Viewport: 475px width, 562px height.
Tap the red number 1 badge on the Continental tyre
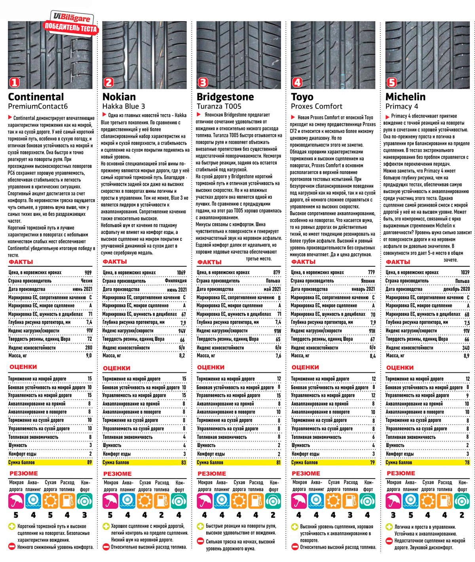14,83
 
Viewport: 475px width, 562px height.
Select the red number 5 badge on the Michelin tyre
391,83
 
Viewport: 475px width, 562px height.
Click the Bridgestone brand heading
225,97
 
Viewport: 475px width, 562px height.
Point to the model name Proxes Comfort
316,106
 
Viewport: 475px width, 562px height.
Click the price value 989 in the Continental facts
88,273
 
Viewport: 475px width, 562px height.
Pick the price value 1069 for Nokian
181,273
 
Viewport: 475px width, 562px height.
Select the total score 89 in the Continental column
89,462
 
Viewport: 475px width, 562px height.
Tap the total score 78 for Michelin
467,462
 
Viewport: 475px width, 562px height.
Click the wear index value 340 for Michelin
466,347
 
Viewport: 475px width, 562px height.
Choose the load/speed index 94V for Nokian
182,331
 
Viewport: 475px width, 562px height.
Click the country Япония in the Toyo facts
368,281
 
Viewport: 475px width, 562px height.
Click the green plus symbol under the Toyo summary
294,527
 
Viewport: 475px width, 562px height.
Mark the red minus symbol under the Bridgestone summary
200,542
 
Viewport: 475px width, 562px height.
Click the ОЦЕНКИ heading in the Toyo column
305,367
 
